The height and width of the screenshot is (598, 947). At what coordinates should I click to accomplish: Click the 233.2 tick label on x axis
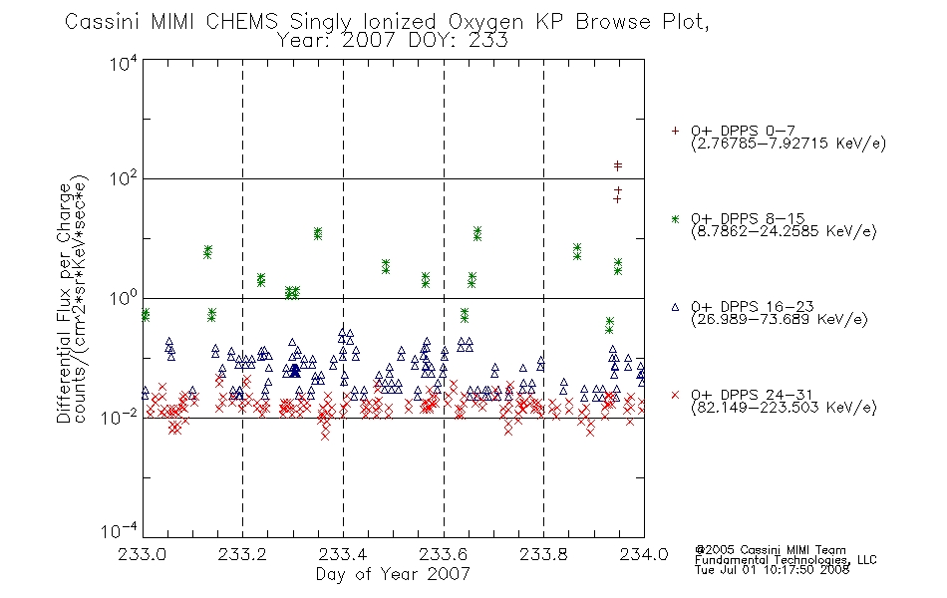[x=242, y=554]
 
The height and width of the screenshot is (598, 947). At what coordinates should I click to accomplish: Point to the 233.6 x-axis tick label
[x=443, y=554]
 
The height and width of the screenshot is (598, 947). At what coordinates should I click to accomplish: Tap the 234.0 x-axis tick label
[x=644, y=554]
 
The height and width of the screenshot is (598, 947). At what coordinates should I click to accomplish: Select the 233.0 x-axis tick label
[x=142, y=554]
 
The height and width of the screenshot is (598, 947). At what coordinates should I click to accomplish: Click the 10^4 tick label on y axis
[x=124, y=63]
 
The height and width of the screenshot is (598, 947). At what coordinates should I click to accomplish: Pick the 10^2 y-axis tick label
[x=124, y=178]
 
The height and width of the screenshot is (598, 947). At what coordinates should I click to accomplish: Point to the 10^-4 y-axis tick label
[x=120, y=531]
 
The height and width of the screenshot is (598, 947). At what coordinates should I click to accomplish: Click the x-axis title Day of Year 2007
[x=393, y=574]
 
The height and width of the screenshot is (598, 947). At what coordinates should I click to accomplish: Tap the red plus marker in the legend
[x=675, y=131]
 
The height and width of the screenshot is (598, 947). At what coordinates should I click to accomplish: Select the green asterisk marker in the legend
[x=675, y=219]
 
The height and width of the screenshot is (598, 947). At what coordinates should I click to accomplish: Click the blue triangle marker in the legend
[x=675, y=307]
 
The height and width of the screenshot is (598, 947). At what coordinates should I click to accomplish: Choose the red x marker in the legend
[x=675, y=395]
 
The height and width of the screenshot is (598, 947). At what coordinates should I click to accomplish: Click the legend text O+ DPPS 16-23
[x=753, y=306]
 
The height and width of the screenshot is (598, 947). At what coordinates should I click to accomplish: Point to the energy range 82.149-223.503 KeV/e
[x=784, y=408]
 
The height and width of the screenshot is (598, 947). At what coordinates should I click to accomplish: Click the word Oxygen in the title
[x=485, y=22]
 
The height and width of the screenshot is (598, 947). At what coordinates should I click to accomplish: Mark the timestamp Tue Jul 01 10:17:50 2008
[x=772, y=570]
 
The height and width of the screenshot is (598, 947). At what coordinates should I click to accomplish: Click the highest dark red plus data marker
[x=618, y=164]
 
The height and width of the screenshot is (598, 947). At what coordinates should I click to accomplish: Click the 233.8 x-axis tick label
[x=543, y=554]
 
